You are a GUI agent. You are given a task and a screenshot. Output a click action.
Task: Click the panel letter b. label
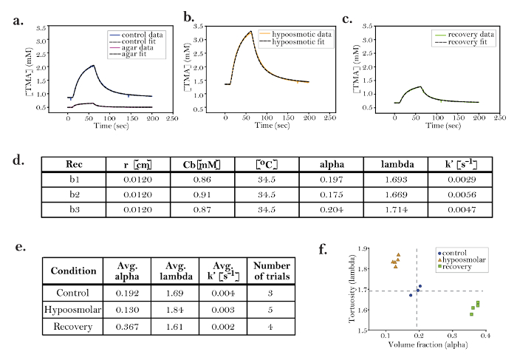[x=189, y=17]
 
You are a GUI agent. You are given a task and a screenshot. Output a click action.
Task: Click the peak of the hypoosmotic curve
[x=250, y=31]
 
